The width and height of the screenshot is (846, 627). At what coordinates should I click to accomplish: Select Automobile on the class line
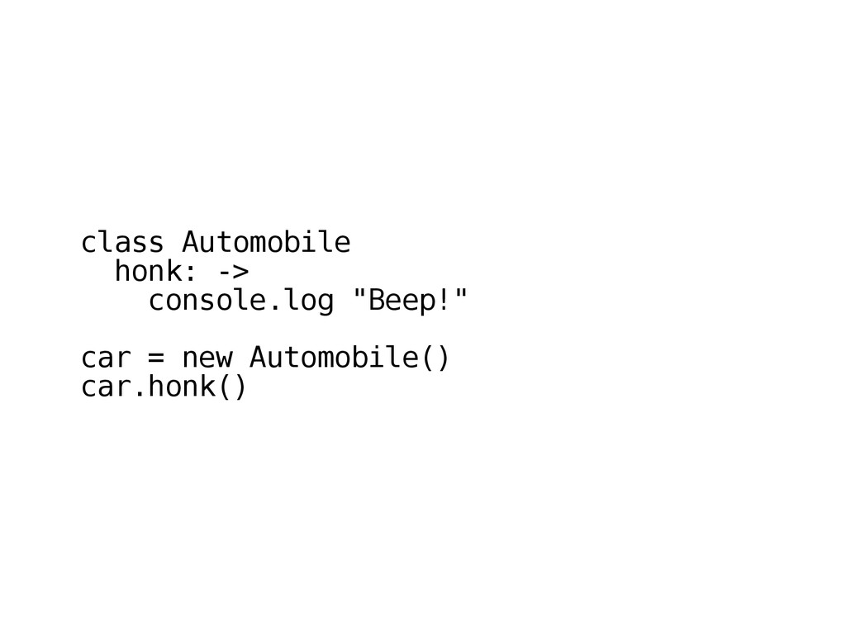pos(265,244)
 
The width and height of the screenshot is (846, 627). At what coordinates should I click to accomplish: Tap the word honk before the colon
pos(147,272)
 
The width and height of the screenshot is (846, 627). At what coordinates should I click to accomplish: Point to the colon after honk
pos(190,273)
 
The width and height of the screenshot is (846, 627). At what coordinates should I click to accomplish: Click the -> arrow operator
pos(232,272)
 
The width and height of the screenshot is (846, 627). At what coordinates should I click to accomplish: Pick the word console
pos(207,302)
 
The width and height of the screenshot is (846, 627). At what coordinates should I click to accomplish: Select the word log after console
pos(308,302)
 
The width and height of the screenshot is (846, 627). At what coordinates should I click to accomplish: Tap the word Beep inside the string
pos(401,302)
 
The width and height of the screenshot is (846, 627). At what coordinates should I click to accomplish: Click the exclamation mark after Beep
pos(444,302)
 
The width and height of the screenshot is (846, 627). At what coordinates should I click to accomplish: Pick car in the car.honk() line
pos(105,387)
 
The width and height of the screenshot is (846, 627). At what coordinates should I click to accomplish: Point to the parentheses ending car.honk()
pos(232,387)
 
